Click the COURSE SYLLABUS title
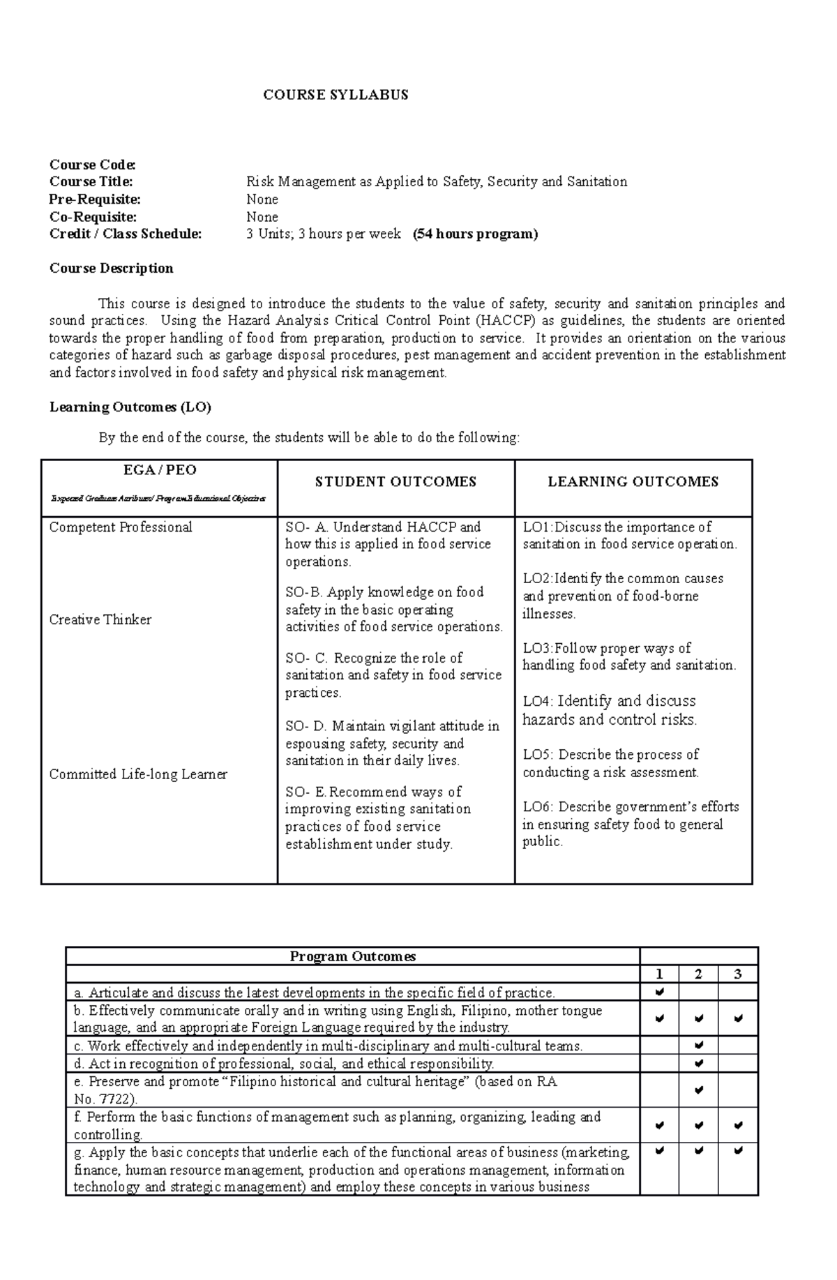tap(335, 95)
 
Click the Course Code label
tap(92, 165)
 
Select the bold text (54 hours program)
tap(475, 234)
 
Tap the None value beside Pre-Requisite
tap(262, 199)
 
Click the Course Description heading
tap(111, 269)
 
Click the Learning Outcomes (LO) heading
tap(130, 407)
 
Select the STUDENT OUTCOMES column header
tap(395, 482)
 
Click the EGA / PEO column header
tap(160, 470)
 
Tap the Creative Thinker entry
tap(100, 620)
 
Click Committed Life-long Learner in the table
tap(138, 774)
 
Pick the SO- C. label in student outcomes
tap(306, 658)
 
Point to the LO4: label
tap(538, 702)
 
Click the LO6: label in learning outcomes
tap(538, 807)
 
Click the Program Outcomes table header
tap(352, 957)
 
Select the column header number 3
tap(738, 975)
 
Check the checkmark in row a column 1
tap(659, 992)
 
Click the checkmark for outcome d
tap(699, 1064)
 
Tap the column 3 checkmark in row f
tap(738, 1126)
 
